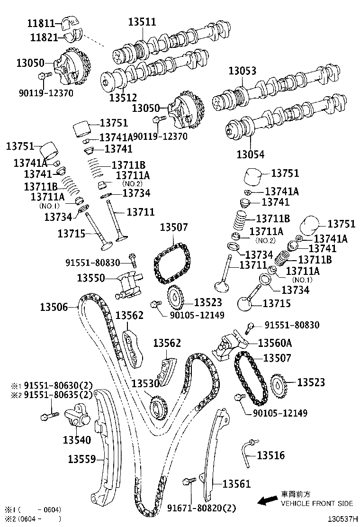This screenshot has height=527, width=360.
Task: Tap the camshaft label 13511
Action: point(142,22)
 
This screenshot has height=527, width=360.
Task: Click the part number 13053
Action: point(242,71)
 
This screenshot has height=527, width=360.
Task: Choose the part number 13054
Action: point(251,154)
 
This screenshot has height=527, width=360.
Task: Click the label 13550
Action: point(91,278)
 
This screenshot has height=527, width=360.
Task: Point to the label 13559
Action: point(82,459)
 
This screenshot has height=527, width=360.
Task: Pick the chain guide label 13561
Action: point(236,484)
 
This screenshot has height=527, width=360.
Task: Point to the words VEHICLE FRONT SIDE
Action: point(317,503)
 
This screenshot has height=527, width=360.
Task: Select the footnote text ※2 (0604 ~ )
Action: point(33,519)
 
